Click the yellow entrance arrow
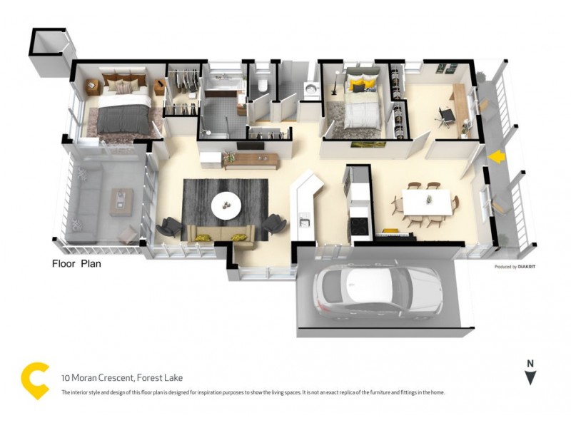tap(497, 155)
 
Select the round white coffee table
tap(228, 203)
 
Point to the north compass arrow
tap(530, 376)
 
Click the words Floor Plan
tap(76, 263)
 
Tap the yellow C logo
tap(36, 380)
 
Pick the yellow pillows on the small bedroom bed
tap(363, 86)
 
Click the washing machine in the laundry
tap(311, 91)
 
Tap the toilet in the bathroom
tap(261, 86)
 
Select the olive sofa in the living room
tap(221, 233)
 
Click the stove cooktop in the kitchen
tap(357, 226)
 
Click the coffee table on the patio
tap(121, 200)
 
